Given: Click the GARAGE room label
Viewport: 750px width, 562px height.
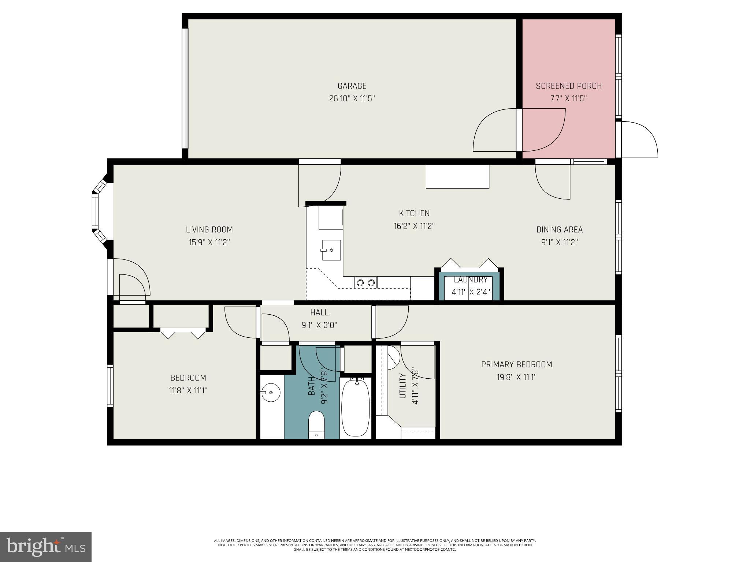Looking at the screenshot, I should pyautogui.click(x=352, y=86).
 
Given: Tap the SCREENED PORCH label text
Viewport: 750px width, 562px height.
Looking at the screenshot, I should pyautogui.click(x=569, y=86).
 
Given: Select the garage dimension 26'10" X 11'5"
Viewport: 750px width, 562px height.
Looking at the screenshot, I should pyautogui.click(x=352, y=99).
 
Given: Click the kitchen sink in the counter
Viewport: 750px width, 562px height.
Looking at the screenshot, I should pyautogui.click(x=331, y=250).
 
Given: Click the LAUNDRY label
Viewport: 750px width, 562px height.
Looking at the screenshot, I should pyautogui.click(x=471, y=280).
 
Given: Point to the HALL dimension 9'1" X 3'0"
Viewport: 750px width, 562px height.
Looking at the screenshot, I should pyautogui.click(x=319, y=325).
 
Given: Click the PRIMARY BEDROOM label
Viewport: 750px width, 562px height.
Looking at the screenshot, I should pyautogui.click(x=516, y=364).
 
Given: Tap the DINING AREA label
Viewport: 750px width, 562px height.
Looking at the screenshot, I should pyautogui.click(x=559, y=230).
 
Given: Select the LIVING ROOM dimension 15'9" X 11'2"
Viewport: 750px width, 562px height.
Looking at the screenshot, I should pyautogui.click(x=209, y=242).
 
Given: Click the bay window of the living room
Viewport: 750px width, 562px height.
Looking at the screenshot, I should pyautogui.click(x=96, y=211).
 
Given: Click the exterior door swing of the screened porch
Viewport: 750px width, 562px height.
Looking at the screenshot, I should pyautogui.click(x=639, y=140).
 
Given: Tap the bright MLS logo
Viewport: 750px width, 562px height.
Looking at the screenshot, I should pyautogui.click(x=46, y=547).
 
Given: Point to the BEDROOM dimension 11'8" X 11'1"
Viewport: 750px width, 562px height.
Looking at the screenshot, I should pyautogui.click(x=188, y=390).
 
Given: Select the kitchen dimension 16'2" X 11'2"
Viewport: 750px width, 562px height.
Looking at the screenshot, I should pyautogui.click(x=414, y=226).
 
